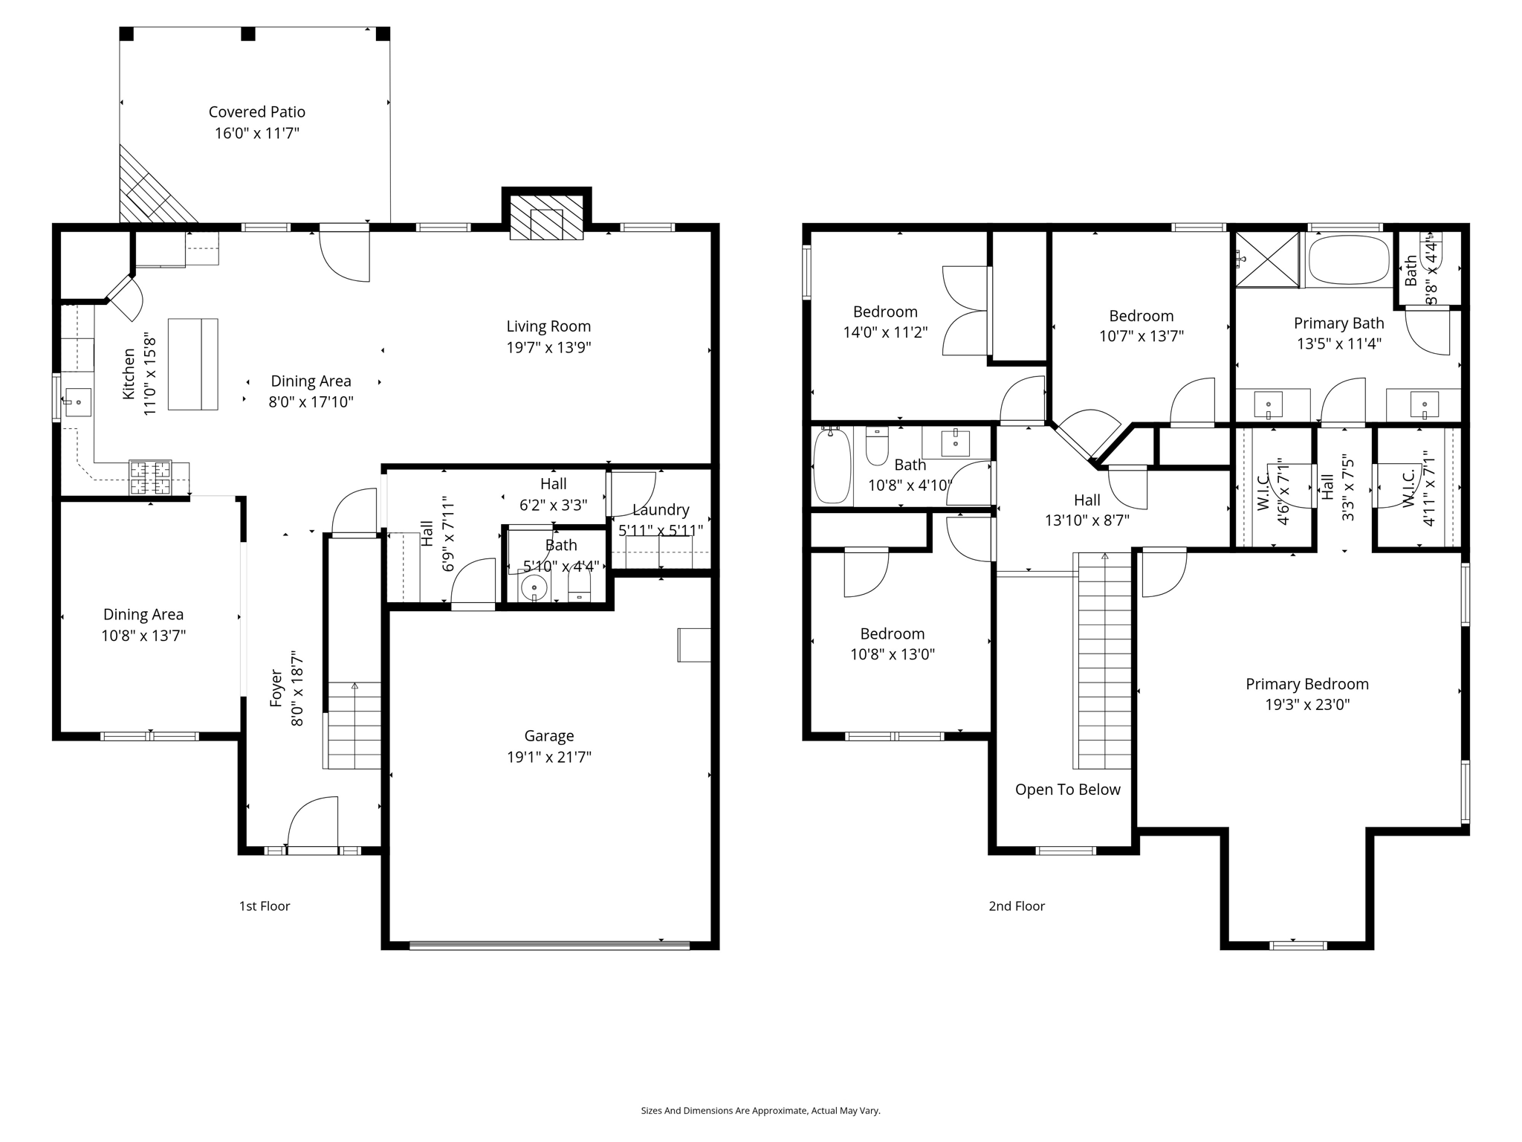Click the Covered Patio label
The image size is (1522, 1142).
[256, 112]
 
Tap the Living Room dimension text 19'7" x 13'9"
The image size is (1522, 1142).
[548, 347]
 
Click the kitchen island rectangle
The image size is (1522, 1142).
[192, 364]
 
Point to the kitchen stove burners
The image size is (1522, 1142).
[150, 477]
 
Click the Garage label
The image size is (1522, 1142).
[548, 735]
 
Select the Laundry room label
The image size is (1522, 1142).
[660, 509]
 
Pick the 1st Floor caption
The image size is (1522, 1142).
[264, 906]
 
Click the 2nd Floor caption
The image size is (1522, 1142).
[1016, 906]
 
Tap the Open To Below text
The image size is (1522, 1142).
[1067, 790]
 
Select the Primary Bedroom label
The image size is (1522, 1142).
[1306, 684]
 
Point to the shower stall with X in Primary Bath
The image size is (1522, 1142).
[1267, 259]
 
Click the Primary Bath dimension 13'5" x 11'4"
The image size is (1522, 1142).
[1338, 343]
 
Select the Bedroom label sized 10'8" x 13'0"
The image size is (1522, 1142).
[892, 633]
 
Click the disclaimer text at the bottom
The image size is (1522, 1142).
[760, 1110]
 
